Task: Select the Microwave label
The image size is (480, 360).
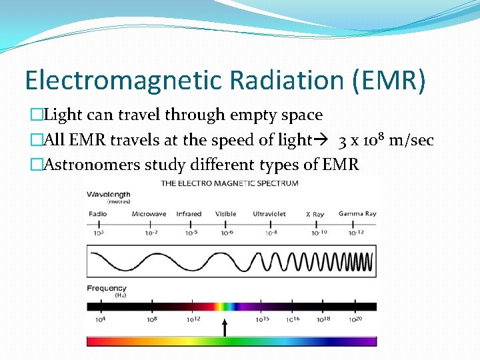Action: tap(149, 214)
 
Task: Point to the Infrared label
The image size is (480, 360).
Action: tap(189, 214)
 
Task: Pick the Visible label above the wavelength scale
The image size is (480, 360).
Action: tap(225, 214)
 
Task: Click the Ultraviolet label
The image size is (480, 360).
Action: tap(270, 214)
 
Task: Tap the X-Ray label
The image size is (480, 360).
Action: tap(315, 214)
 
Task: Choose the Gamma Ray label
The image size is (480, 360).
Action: tap(357, 214)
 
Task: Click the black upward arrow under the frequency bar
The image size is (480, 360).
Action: tap(225, 327)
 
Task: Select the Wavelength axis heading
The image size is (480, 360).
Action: tap(107, 195)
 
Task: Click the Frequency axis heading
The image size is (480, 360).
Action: tap(107, 289)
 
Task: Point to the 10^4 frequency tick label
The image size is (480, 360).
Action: tap(100, 319)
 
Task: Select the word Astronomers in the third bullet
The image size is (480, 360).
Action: tap(90, 164)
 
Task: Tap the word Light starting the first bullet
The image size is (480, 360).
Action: tap(61, 115)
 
